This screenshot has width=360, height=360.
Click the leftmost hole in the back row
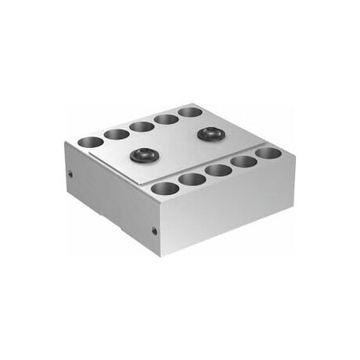click(x=90, y=142)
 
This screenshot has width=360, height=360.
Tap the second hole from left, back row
click(x=116, y=134)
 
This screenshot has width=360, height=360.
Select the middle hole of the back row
click(x=142, y=126)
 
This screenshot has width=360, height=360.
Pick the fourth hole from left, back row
click(x=166, y=118)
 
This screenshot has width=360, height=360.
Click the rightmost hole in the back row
click(x=190, y=111)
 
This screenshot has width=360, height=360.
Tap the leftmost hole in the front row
click(x=164, y=189)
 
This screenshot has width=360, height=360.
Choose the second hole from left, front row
click(x=193, y=179)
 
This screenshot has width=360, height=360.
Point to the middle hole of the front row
click(x=218, y=170)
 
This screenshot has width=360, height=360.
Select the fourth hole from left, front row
click(x=244, y=161)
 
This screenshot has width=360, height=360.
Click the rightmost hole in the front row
click(x=268, y=152)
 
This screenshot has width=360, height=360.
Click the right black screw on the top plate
click(x=210, y=133)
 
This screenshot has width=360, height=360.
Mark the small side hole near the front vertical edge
click(x=154, y=231)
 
